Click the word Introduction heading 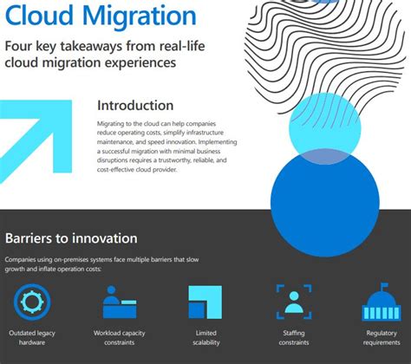pyautogui.click(x=142, y=106)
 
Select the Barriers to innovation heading pyautogui.click(x=71, y=237)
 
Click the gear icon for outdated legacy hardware pyautogui.click(x=34, y=302)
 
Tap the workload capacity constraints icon pyautogui.click(x=120, y=304)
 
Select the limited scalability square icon pyautogui.click(x=205, y=302)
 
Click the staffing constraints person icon pyautogui.click(x=293, y=302)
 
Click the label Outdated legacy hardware pyautogui.click(x=34, y=338)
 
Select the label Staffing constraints pyautogui.click(x=293, y=338)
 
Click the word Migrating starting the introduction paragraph pyautogui.click(x=114, y=123)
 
